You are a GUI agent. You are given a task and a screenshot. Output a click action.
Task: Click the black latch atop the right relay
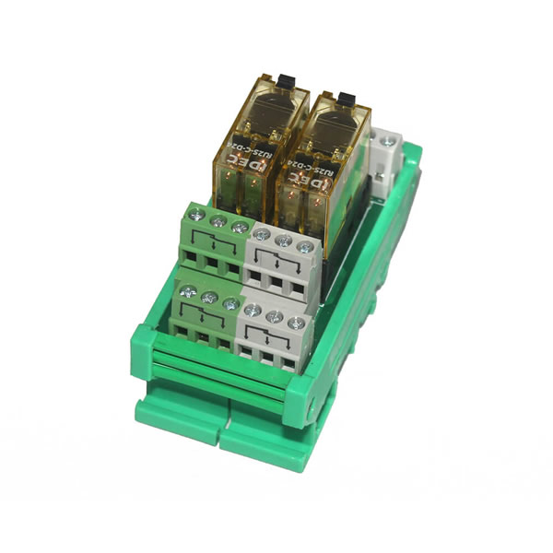[347, 97]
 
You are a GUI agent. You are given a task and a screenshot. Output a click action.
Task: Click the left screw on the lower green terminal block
[186, 291]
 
